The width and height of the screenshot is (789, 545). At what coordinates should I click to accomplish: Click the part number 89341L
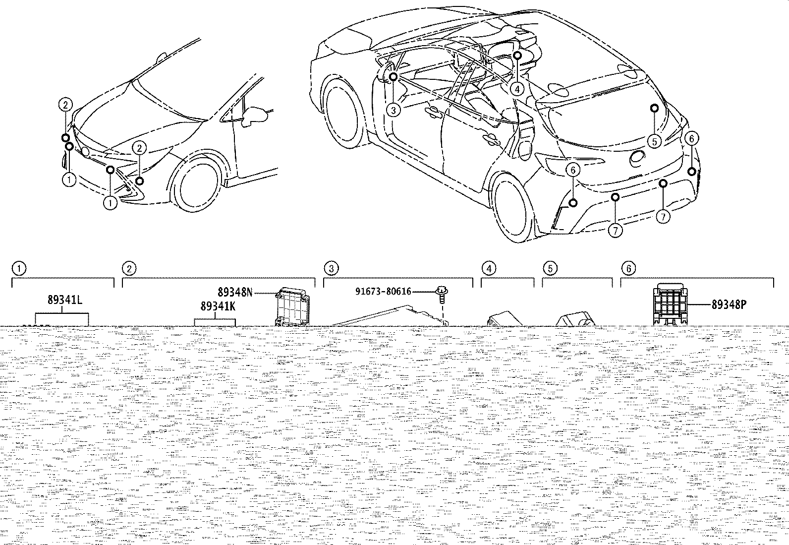tap(65, 300)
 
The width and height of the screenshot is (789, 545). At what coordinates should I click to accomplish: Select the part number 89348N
tap(235, 292)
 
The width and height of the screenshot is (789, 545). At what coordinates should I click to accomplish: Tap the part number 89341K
tap(218, 306)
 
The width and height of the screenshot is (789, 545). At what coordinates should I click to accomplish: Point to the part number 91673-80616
tap(383, 292)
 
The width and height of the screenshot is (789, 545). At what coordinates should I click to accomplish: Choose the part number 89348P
tap(729, 304)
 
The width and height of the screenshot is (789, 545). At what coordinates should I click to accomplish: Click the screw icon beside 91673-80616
tap(441, 294)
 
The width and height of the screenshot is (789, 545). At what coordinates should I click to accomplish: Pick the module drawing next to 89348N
tap(292, 306)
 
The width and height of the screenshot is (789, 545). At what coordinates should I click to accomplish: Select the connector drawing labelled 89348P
tap(670, 304)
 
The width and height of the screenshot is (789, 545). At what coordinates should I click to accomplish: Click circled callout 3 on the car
tap(394, 111)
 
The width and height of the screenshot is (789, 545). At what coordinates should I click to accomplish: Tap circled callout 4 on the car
tap(517, 90)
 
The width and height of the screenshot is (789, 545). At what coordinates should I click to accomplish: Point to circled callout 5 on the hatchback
tap(655, 142)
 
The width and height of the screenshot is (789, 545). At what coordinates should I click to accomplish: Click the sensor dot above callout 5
tap(655, 108)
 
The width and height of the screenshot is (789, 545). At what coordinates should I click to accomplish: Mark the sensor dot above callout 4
tap(517, 56)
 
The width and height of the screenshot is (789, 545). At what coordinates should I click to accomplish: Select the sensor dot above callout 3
tap(394, 76)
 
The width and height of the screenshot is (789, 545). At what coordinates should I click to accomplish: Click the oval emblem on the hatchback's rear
tap(637, 158)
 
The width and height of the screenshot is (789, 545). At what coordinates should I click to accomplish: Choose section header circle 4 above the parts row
tap(489, 269)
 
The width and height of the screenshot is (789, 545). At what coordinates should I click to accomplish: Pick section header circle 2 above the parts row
tap(129, 269)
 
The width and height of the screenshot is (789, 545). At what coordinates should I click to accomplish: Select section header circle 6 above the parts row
tap(629, 269)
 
